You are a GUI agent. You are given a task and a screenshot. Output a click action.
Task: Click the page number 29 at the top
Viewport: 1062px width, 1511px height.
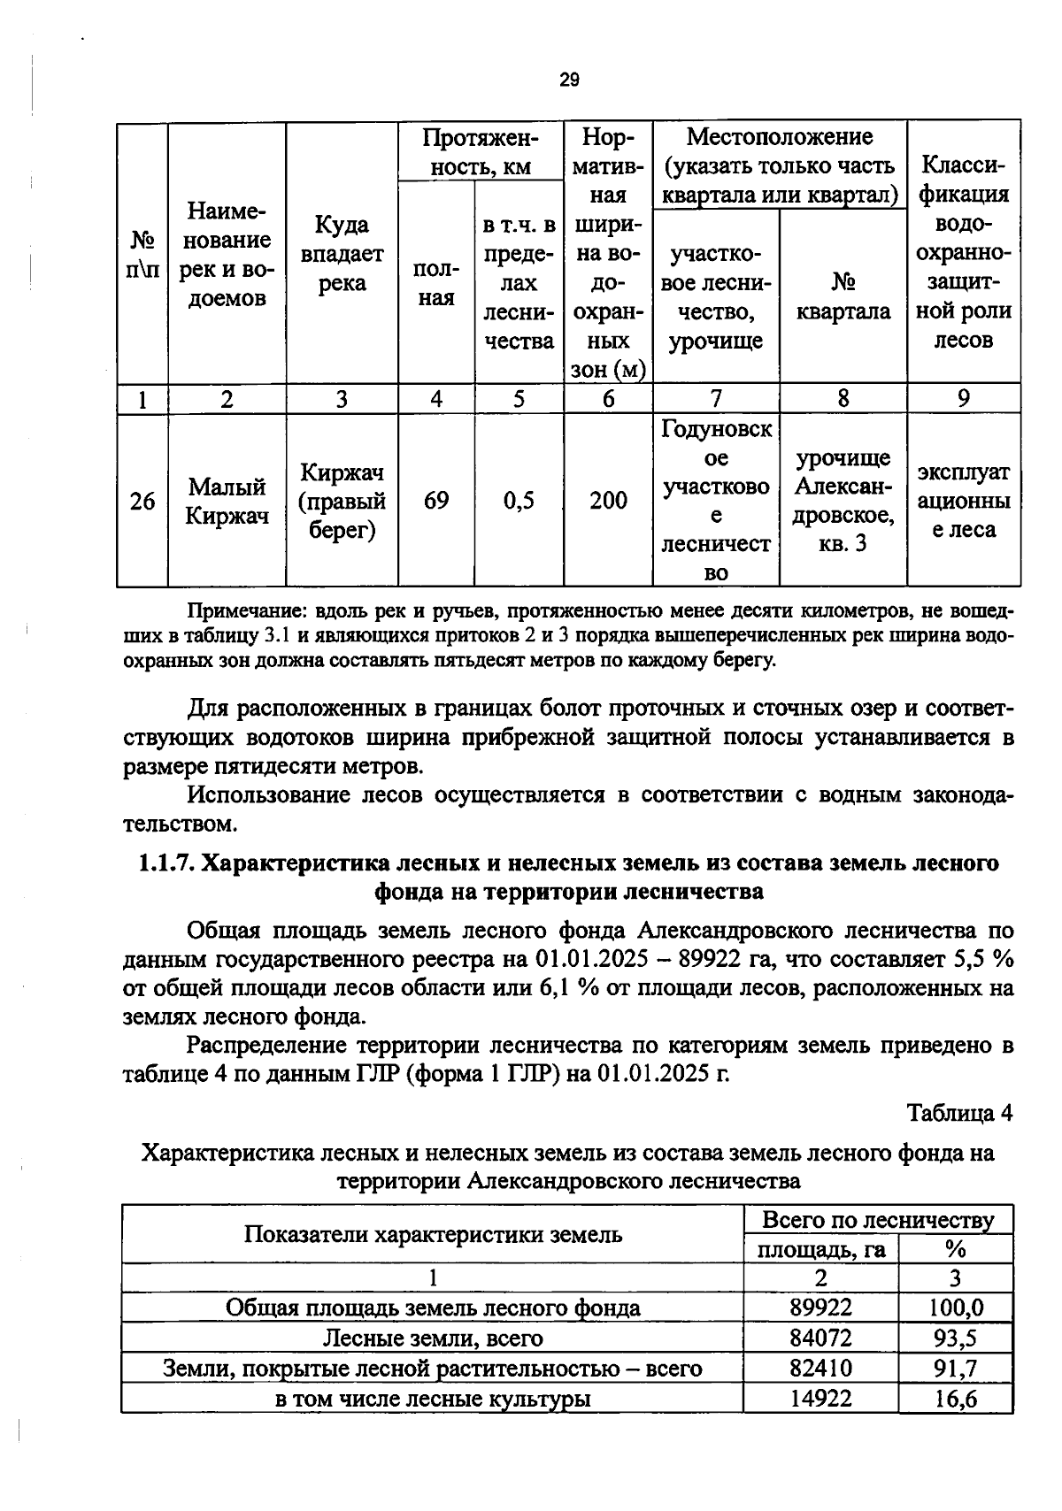click(569, 81)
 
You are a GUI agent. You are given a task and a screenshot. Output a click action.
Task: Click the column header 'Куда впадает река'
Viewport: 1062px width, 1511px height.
click(342, 254)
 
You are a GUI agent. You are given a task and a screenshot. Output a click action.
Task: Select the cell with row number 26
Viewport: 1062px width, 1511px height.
click(142, 502)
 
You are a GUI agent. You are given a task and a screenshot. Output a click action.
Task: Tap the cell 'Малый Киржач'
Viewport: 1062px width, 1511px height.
click(227, 502)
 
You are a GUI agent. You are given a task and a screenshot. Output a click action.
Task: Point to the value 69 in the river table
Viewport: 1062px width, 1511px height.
click(436, 501)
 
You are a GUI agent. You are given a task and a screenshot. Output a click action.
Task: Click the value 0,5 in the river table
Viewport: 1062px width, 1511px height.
click(519, 501)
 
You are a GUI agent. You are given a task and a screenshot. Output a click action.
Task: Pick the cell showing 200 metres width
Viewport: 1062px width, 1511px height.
click(608, 501)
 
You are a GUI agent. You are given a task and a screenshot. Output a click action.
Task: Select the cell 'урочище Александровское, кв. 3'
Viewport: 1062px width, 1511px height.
click(843, 501)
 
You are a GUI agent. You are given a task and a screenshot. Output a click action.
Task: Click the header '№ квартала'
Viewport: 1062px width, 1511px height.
click(843, 297)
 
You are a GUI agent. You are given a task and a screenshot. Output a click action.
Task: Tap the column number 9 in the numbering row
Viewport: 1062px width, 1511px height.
click(963, 399)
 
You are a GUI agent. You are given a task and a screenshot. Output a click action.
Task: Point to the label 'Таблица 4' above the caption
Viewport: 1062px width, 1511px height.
click(959, 1113)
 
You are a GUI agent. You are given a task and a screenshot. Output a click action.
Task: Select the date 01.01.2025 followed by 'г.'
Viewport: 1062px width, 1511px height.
click(653, 1074)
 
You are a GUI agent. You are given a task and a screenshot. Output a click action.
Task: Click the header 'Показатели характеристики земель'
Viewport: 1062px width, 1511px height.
click(433, 1235)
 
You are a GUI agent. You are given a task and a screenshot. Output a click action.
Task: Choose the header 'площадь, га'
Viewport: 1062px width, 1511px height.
click(820, 1250)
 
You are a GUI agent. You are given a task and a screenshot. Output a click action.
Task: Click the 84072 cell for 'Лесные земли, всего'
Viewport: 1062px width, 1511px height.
click(820, 1338)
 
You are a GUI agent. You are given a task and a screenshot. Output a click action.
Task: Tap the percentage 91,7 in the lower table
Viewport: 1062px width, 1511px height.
click(955, 1369)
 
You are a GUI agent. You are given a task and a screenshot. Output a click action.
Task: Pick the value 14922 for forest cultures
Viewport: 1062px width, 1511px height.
click(820, 1399)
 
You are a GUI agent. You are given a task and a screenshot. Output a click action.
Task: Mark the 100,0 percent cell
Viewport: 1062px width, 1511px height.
click(955, 1308)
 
